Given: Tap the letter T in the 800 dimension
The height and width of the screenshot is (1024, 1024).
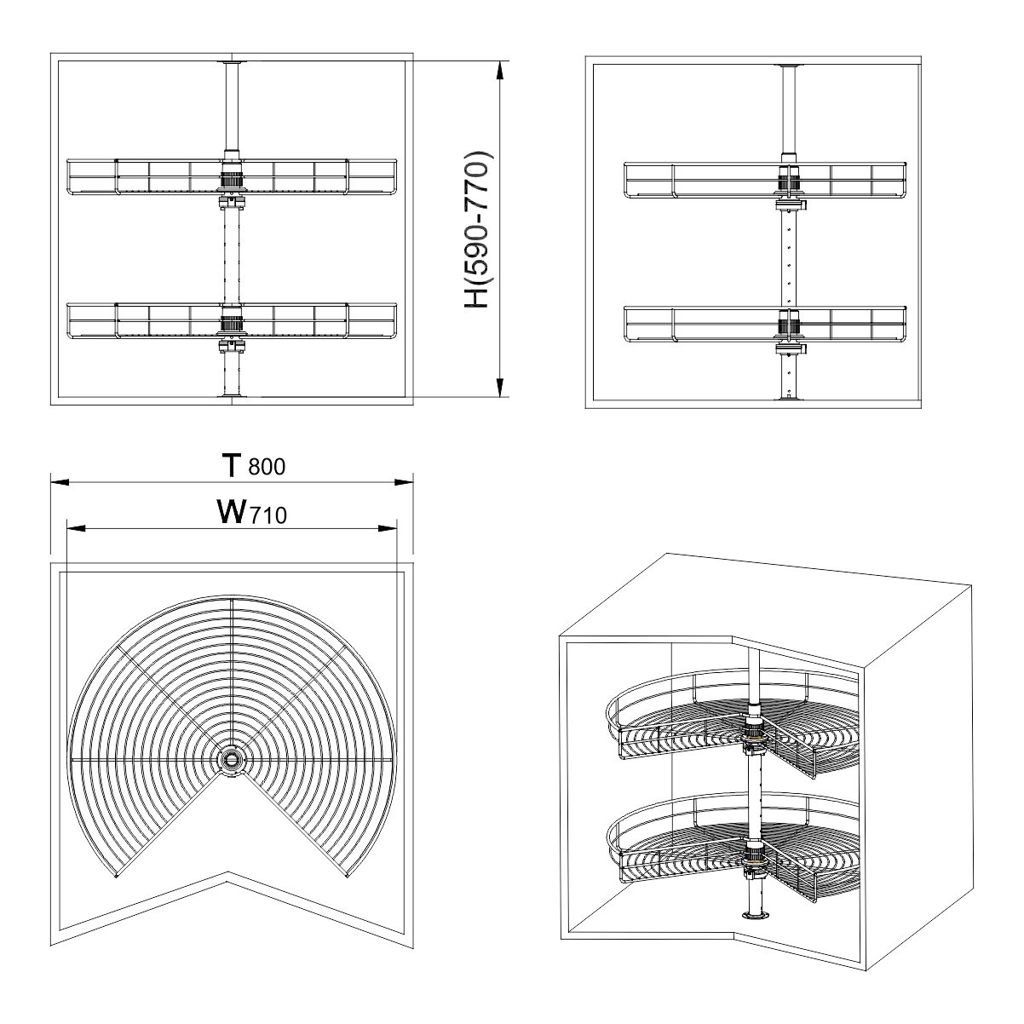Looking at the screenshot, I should point(232,466).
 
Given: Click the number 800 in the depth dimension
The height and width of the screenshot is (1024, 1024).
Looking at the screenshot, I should point(268,467).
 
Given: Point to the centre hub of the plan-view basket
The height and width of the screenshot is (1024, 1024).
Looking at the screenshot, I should point(231,757).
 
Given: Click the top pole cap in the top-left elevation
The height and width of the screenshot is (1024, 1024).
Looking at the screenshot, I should point(231,62).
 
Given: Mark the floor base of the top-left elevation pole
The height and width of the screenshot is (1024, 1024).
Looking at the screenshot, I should point(231,394).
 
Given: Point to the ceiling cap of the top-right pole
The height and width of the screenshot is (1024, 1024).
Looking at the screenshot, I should point(791,66).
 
